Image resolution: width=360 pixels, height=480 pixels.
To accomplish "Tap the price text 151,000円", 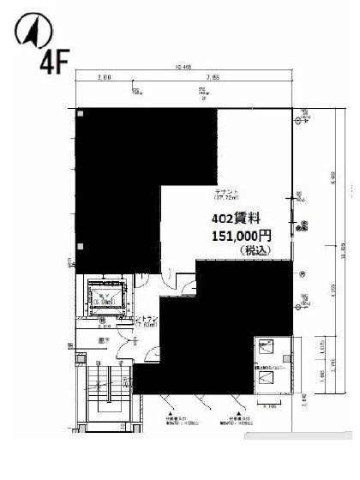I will pos(241,235).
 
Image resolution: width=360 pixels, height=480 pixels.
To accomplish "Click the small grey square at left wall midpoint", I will pos(81,247).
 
